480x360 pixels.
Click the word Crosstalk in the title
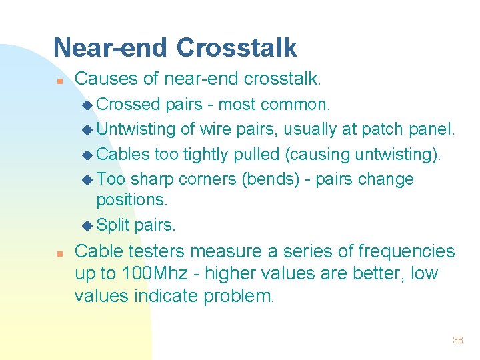pos(237,48)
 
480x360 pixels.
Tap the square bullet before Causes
pos(59,81)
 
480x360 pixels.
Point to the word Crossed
pos(129,105)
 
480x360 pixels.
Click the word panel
pos(433,129)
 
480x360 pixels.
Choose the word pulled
pos(258,154)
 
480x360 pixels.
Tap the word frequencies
pos(406,251)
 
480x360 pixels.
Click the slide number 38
pos(457,340)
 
